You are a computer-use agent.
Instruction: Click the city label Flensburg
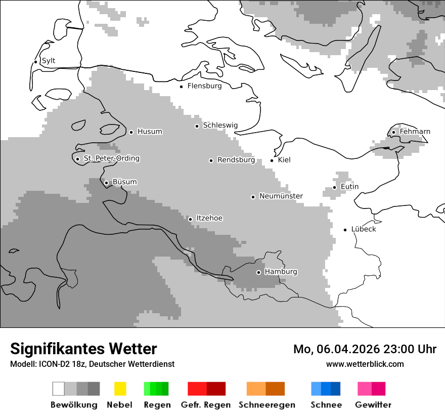pos(204,86)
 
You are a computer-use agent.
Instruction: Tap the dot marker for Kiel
pos(272,160)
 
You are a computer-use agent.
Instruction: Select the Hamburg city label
pos(281,272)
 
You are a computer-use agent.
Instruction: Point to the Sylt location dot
pos(36,62)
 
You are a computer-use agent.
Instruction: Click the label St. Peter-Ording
pos(111,158)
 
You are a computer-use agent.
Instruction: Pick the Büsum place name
pos(124,182)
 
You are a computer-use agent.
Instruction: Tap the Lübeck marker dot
pos(345,230)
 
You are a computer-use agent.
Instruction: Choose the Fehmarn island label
pos(415,132)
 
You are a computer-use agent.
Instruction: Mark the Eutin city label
pos(349,187)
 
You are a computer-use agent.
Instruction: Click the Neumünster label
pos(281,196)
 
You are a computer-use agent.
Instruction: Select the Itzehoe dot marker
pos(191,219)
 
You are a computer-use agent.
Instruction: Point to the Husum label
pos(150,132)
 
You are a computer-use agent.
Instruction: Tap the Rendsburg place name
pos(236,160)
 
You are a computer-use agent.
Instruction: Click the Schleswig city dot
pos(197,126)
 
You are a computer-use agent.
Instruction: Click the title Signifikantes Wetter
pos(83,349)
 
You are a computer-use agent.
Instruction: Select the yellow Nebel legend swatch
pos(120,389)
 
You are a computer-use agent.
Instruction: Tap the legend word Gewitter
pos(373,405)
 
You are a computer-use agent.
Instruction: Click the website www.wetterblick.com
pos(365,364)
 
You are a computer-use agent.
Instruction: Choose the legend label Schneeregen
pos(266,405)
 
